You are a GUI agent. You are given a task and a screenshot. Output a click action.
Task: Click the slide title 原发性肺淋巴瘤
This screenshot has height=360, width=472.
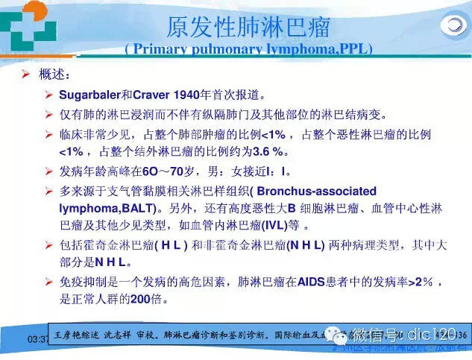point(248,30)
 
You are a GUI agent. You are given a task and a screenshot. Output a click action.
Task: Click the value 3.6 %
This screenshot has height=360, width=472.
point(270,151)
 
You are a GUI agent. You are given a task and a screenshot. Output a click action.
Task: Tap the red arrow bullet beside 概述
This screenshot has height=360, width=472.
point(25,75)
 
